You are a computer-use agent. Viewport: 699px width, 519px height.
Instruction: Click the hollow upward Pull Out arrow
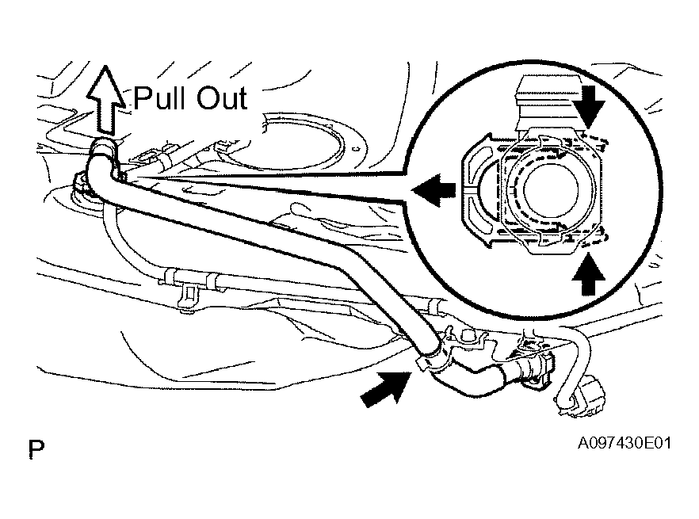105,101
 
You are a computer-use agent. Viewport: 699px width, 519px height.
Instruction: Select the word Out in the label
222,98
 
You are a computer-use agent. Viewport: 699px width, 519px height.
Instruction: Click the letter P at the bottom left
36,449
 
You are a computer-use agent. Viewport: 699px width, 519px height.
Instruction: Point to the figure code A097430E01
624,443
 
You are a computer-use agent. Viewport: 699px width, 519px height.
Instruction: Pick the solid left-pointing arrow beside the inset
434,190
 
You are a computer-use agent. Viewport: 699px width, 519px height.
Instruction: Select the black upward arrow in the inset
588,274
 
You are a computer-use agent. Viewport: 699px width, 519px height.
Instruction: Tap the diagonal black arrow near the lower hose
386,389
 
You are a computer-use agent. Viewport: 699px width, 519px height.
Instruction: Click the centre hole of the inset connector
551,189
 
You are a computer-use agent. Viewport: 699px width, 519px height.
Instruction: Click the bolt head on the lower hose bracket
468,336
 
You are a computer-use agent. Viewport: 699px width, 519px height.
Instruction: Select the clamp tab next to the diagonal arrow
423,363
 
